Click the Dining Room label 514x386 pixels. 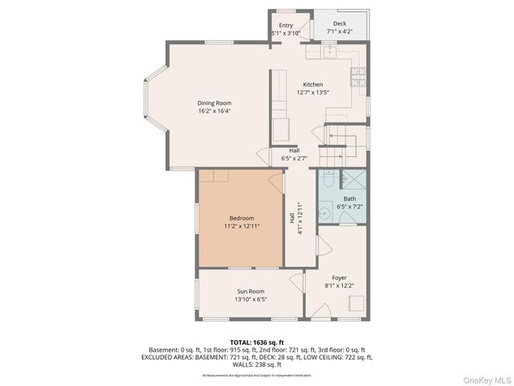pyautogui.click(x=214, y=103)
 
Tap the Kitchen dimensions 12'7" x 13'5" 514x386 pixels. pyautogui.click(x=312, y=92)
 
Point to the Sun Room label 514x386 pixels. pyautogui.click(x=250, y=291)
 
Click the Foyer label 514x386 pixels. pyautogui.click(x=339, y=277)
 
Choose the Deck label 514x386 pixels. pyautogui.click(x=340, y=25)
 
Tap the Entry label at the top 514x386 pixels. pyautogui.click(x=286, y=25)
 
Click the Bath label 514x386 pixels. pyautogui.click(x=349, y=198)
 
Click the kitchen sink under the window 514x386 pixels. pyautogui.click(x=329, y=51)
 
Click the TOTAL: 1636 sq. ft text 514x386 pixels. pyautogui.click(x=257, y=342)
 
